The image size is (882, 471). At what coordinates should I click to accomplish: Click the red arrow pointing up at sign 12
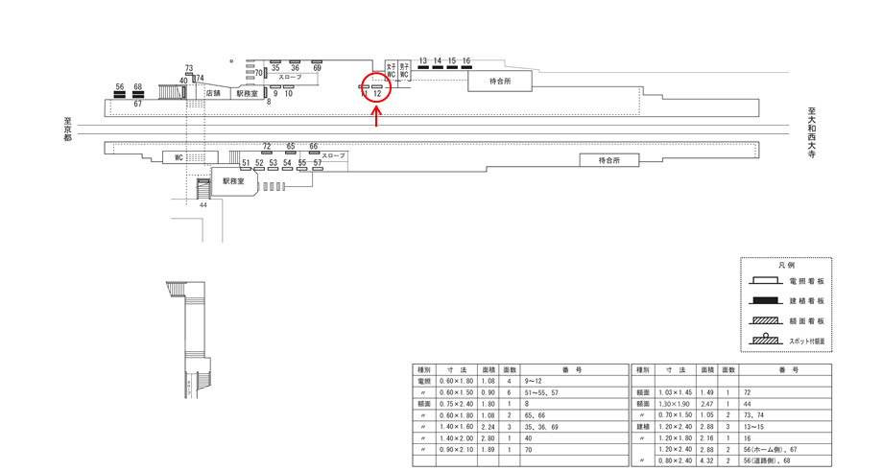tap(376, 117)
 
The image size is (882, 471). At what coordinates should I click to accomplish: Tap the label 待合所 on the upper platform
tap(500, 82)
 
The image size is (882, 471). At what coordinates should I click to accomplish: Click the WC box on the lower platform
tap(179, 157)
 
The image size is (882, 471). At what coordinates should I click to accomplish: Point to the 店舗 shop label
tap(213, 93)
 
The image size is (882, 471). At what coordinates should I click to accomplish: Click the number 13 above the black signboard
tap(422, 60)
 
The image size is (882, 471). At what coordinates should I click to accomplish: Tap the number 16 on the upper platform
tap(466, 60)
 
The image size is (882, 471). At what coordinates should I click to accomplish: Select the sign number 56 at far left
tap(120, 86)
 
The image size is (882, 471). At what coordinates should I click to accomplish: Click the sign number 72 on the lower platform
tap(267, 146)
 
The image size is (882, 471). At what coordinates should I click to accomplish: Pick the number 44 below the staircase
tap(203, 204)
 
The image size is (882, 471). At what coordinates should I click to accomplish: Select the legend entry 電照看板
tap(806, 281)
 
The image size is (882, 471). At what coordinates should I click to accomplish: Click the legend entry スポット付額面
tap(806, 341)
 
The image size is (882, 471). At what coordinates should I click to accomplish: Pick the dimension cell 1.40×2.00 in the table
tap(451, 436)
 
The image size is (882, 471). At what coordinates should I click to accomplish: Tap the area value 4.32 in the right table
tap(705, 460)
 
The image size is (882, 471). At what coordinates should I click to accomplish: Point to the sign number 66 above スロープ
tap(313, 146)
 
